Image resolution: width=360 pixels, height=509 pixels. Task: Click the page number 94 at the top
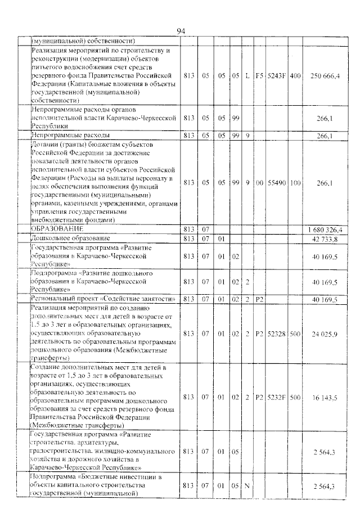click(181, 31)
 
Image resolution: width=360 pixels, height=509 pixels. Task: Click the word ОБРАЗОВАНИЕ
click(57, 229)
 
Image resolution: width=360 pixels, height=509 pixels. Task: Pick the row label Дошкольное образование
click(70, 238)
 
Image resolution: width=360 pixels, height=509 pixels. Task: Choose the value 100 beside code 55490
click(295, 183)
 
